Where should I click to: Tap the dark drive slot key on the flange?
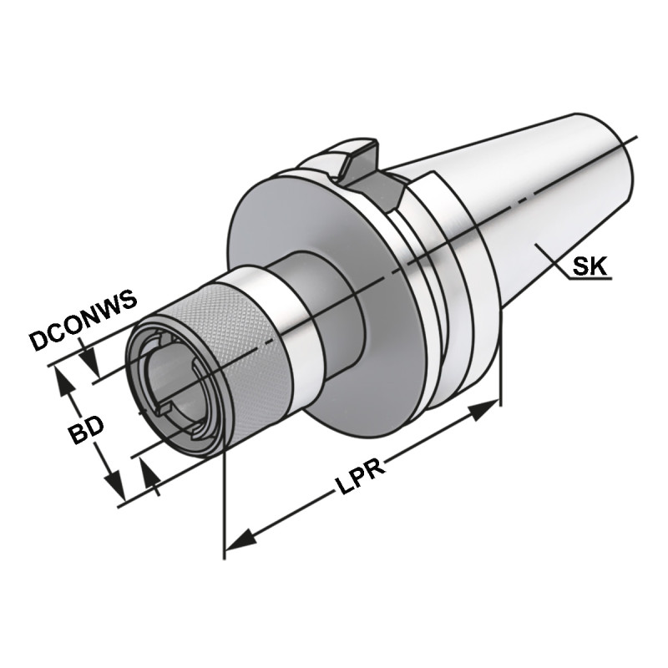click(x=357, y=164)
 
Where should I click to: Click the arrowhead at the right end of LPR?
click(x=484, y=410)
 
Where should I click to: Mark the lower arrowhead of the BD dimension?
click(x=114, y=492)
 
